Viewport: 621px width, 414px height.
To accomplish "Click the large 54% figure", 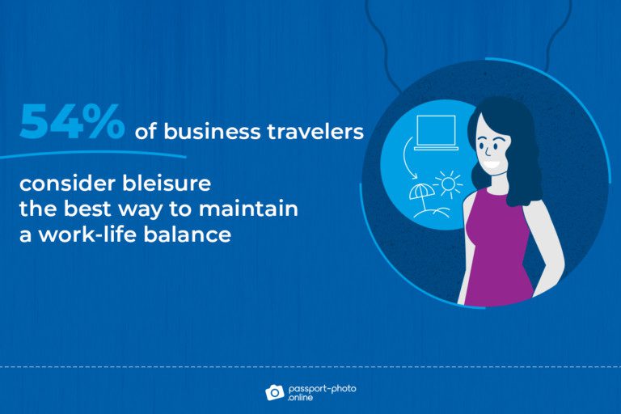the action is (72, 121).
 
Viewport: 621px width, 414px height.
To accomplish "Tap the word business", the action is (213, 132).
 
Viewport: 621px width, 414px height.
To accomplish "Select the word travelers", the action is (315, 132).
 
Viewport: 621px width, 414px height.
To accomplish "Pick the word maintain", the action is (248, 209).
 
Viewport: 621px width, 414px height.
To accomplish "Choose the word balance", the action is (188, 234).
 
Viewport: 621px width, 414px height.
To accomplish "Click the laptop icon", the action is (436, 133).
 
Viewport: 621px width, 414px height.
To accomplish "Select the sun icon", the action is (448, 184).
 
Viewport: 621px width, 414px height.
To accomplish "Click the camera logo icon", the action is (274, 392).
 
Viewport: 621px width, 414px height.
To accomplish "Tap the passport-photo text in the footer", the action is (323, 389).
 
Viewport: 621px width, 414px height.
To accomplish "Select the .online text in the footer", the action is (301, 397).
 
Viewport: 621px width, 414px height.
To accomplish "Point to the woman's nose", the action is (488, 151).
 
